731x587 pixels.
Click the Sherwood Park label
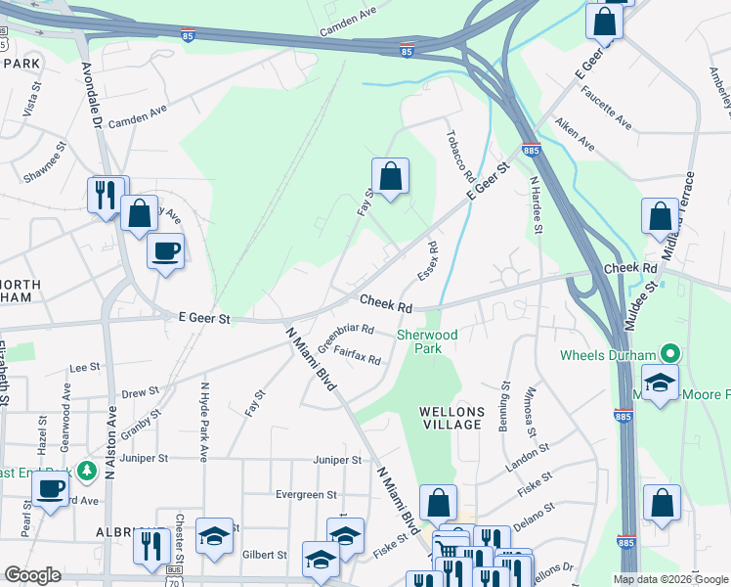click(427, 341)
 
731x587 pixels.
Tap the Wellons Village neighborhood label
click(451, 417)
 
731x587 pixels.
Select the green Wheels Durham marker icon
click(669, 354)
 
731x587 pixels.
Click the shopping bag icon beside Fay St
click(390, 177)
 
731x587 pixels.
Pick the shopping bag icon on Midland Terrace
click(660, 217)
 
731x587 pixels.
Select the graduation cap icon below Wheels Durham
click(661, 383)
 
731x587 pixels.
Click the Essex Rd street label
click(426, 260)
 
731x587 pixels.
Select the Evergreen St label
click(305, 495)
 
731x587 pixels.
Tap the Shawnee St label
click(45, 157)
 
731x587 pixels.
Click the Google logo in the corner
click(32, 575)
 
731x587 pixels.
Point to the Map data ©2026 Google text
click(670, 579)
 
